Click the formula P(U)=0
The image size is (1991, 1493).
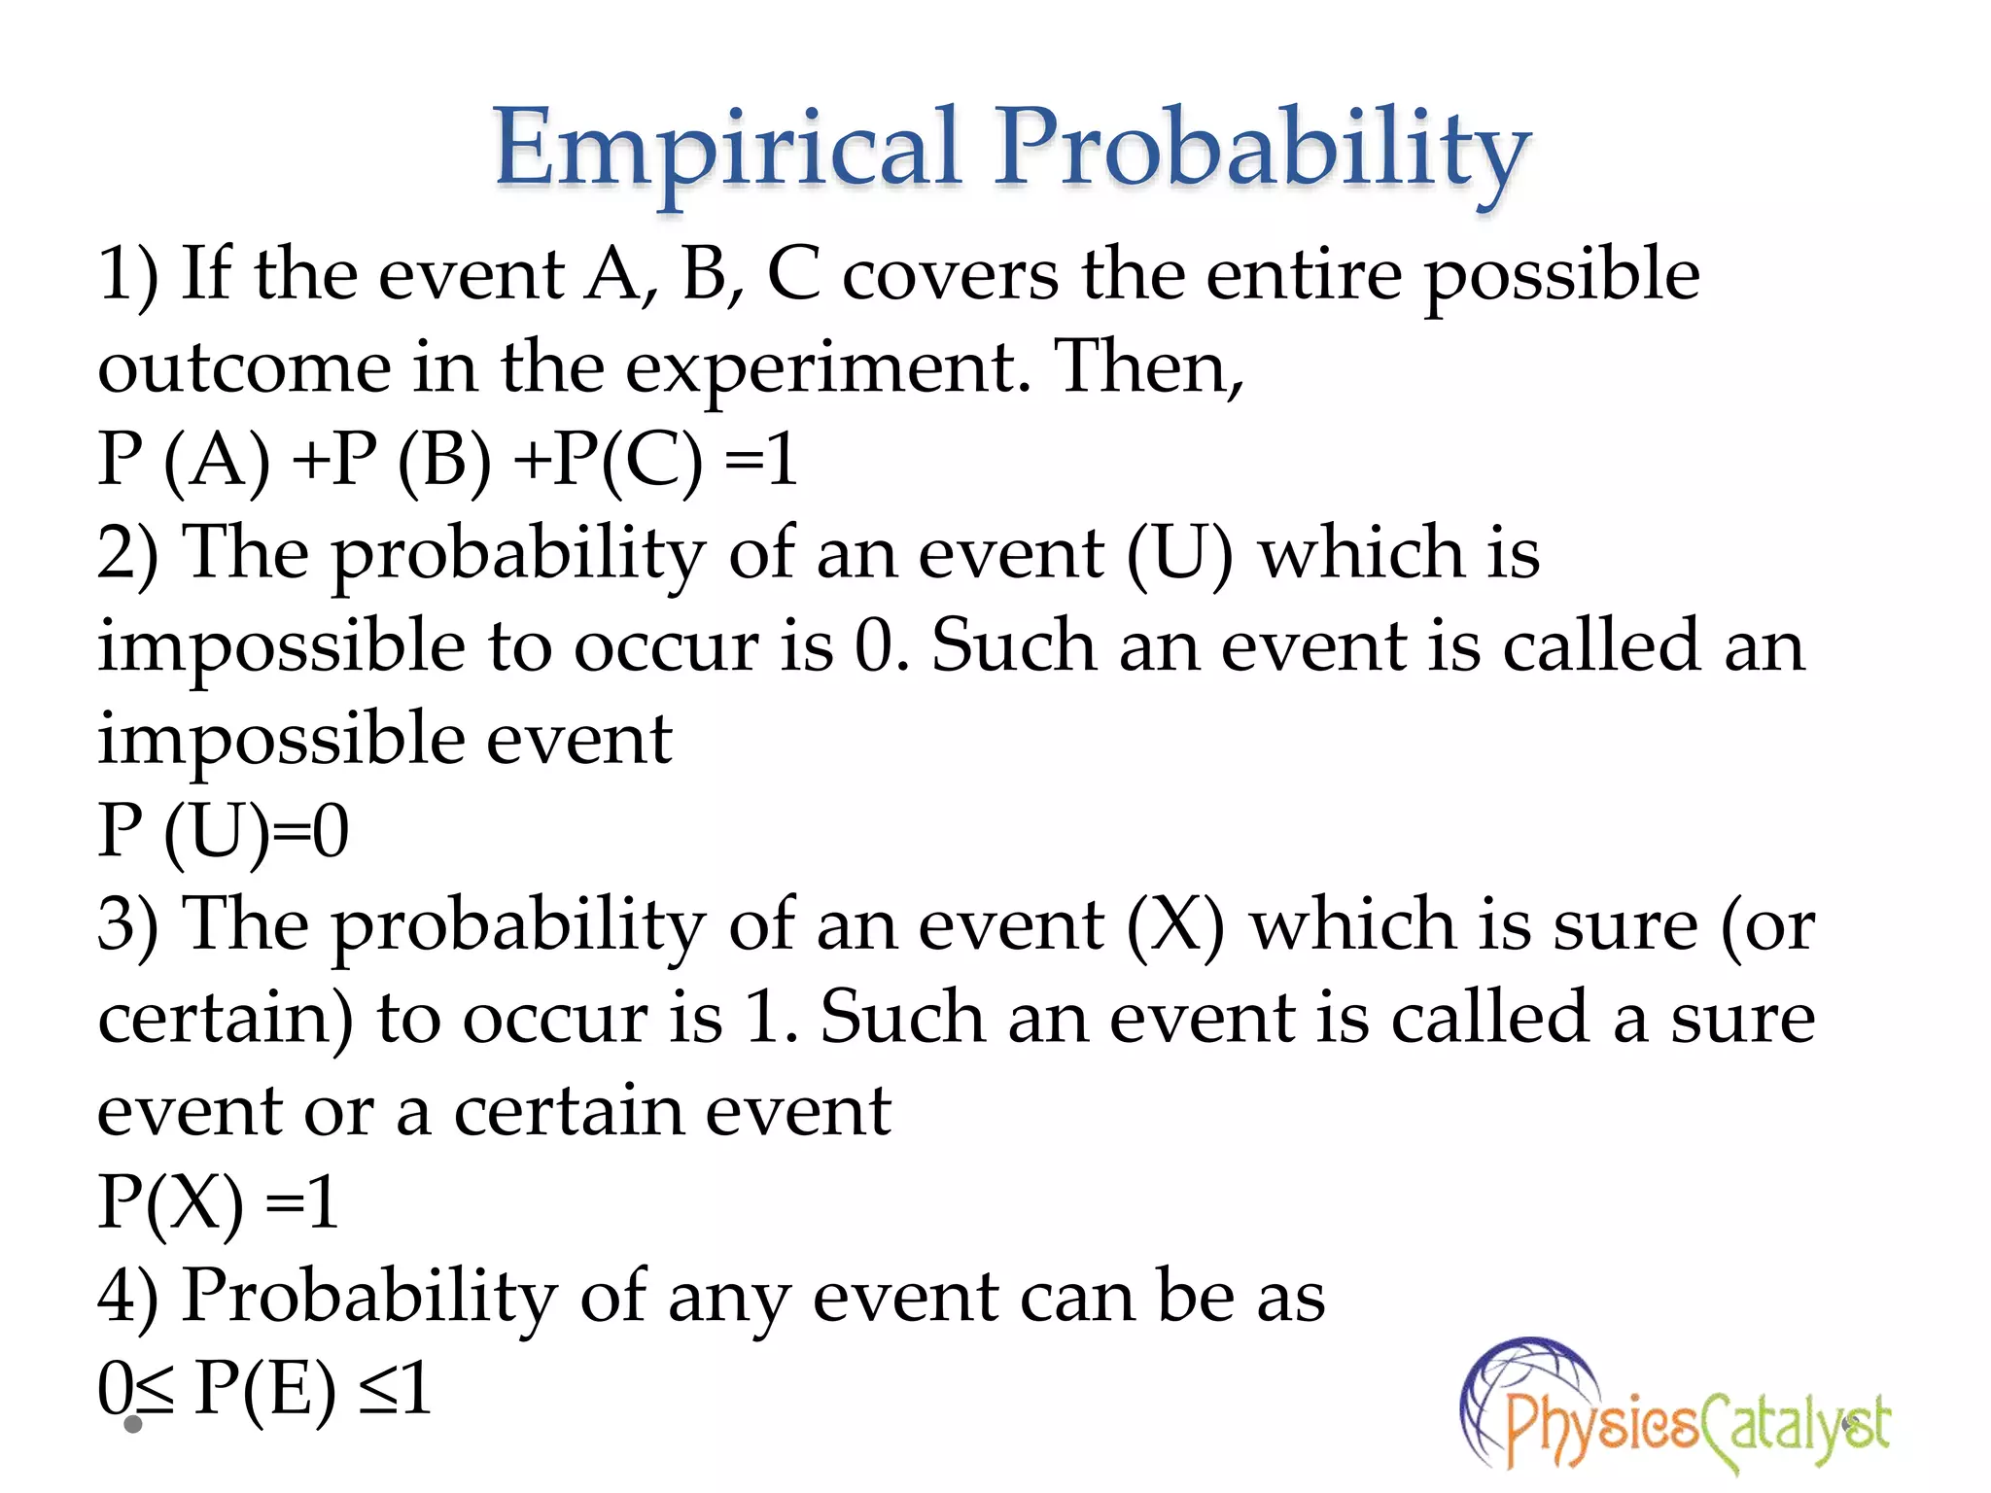pyautogui.click(x=223, y=832)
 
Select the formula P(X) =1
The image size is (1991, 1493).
pyautogui.click(x=218, y=1203)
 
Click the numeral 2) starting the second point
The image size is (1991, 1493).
pyautogui.click(x=127, y=553)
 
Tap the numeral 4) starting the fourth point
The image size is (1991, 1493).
pyautogui.click(x=127, y=1297)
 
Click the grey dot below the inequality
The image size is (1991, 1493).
pyautogui.click(x=134, y=1425)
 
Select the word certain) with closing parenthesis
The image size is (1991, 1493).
pyautogui.click(x=226, y=1018)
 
